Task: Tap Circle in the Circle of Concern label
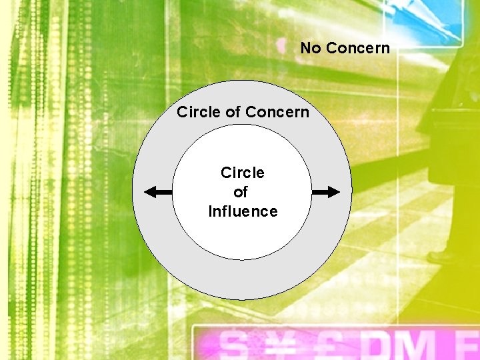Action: coord(199,112)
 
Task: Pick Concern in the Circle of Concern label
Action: coord(277,112)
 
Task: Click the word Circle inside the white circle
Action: coord(243,173)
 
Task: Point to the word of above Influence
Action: coord(241,193)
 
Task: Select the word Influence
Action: coord(243,212)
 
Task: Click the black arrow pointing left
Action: coord(158,193)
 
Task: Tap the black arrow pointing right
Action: coord(326,192)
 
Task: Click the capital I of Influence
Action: coord(211,212)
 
